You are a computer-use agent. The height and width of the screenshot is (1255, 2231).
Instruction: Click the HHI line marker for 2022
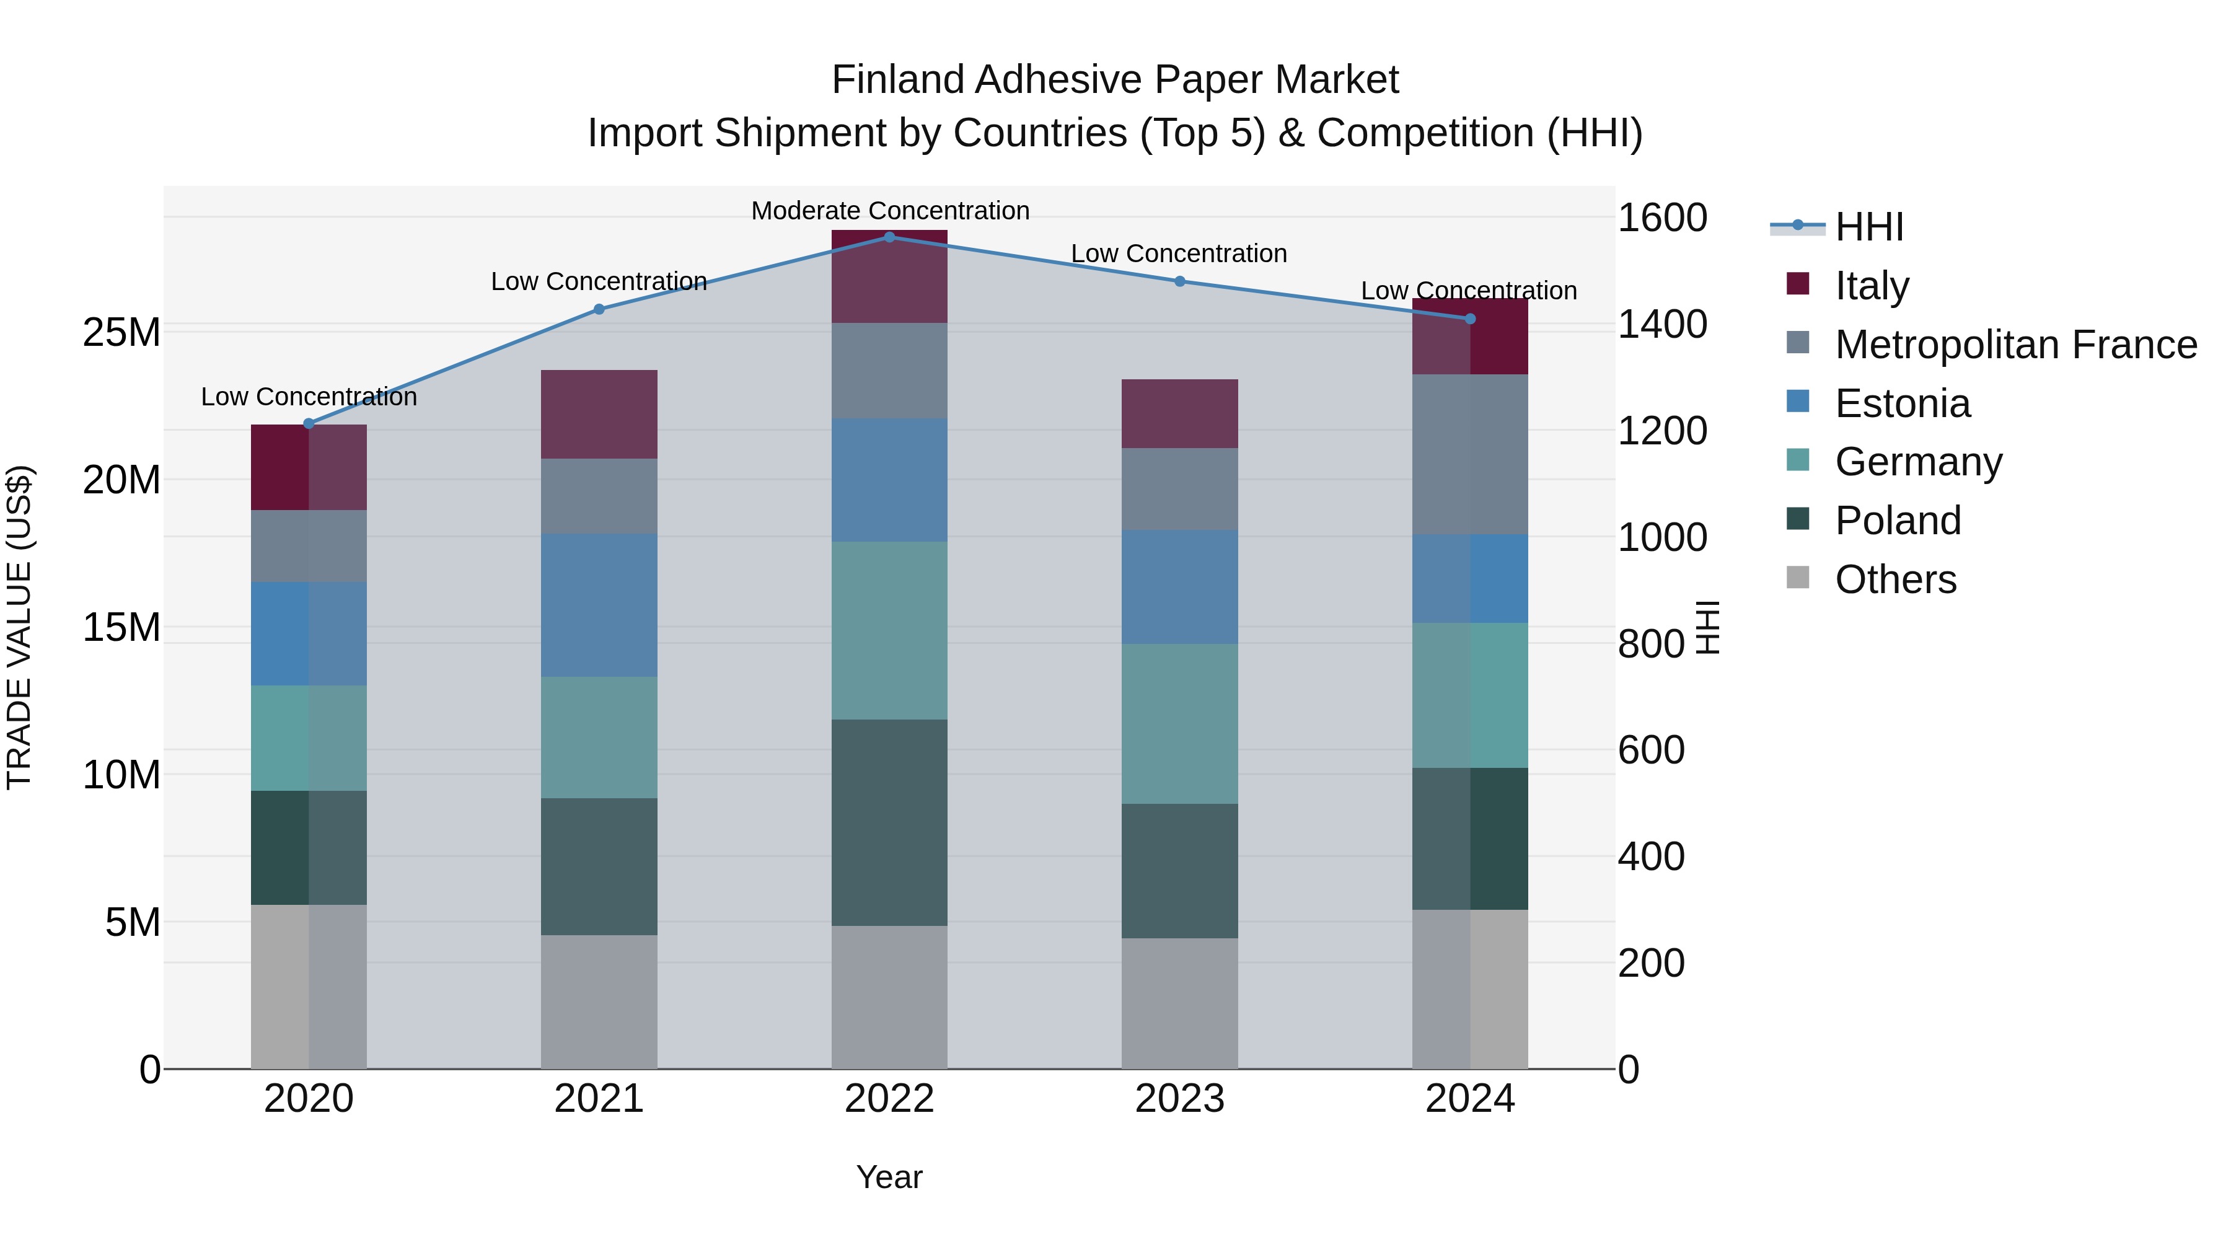pos(889,237)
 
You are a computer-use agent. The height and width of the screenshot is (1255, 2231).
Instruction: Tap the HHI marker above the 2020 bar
pos(309,423)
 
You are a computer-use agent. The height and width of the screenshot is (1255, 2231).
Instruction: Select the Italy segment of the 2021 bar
pos(599,414)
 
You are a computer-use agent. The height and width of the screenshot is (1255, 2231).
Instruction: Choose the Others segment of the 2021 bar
pos(599,1002)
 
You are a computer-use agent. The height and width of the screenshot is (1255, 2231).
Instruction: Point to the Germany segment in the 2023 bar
pos(1179,723)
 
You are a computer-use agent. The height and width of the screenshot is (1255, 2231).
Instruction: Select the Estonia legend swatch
pos(1798,402)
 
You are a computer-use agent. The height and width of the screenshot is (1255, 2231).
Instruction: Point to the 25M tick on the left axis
pos(121,333)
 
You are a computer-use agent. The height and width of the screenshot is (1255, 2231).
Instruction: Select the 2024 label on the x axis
pos(1470,1099)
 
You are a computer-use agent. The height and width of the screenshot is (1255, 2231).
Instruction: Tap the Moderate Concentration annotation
pos(889,211)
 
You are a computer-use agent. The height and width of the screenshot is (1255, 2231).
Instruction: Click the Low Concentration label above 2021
pos(599,281)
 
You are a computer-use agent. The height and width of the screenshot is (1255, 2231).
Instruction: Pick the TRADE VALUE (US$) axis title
pos(19,627)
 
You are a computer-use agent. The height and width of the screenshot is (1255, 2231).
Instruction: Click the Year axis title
pos(889,1177)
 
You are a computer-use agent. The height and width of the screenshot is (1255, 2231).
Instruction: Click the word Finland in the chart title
pos(897,80)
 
